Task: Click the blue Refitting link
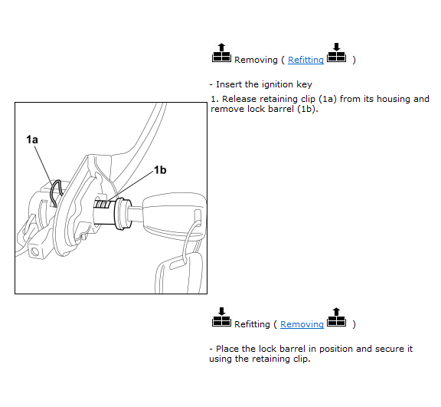pos(305,60)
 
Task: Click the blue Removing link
pos(302,324)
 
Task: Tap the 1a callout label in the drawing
pos(32,139)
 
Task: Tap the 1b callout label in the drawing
pos(160,170)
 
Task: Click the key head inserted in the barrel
pos(175,216)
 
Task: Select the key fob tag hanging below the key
pos(178,273)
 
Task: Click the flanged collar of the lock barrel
pos(123,214)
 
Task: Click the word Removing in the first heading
pos(256,60)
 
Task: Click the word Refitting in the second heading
pos(252,324)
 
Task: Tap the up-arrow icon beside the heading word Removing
pos(221,53)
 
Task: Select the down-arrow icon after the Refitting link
pos(337,52)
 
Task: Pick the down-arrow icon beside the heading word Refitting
pos(221,317)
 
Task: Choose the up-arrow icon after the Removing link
pos(337,317)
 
